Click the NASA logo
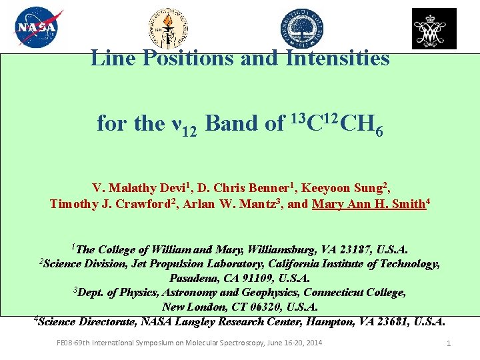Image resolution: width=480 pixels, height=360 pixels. click(x=38, y=27)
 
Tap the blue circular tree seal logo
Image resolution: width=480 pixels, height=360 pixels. click(x=301, y=29)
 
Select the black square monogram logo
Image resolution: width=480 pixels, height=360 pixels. click(x=434, y=29)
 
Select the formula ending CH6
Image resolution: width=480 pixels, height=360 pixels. click(x=336, y=123)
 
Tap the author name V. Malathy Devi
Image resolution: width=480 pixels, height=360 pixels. click(x=131, y=188)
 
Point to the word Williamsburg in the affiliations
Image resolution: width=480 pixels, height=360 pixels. click(x=282, y=250)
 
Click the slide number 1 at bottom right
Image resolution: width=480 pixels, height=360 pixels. click(x=449, y=343)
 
